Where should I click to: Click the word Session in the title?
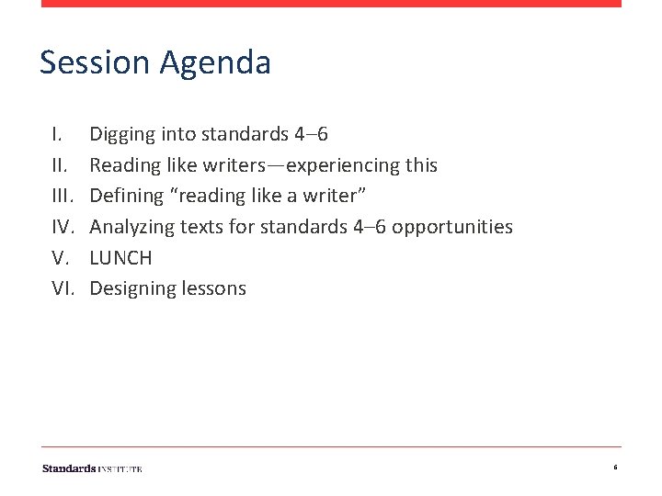(94, 62)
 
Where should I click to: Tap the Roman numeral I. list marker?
(57, 134)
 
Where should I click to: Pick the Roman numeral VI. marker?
(63, 288)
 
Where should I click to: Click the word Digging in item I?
(121, 135)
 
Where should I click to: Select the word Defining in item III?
(123, 196)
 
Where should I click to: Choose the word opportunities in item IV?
(452, 227)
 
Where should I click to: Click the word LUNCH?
(120, 258)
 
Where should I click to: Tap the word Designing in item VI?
(129, 289)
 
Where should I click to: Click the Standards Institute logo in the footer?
(92, 468)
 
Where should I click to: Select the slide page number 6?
(615, 468)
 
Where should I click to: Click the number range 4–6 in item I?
(311, 134)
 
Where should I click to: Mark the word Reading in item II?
(122, 166)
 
